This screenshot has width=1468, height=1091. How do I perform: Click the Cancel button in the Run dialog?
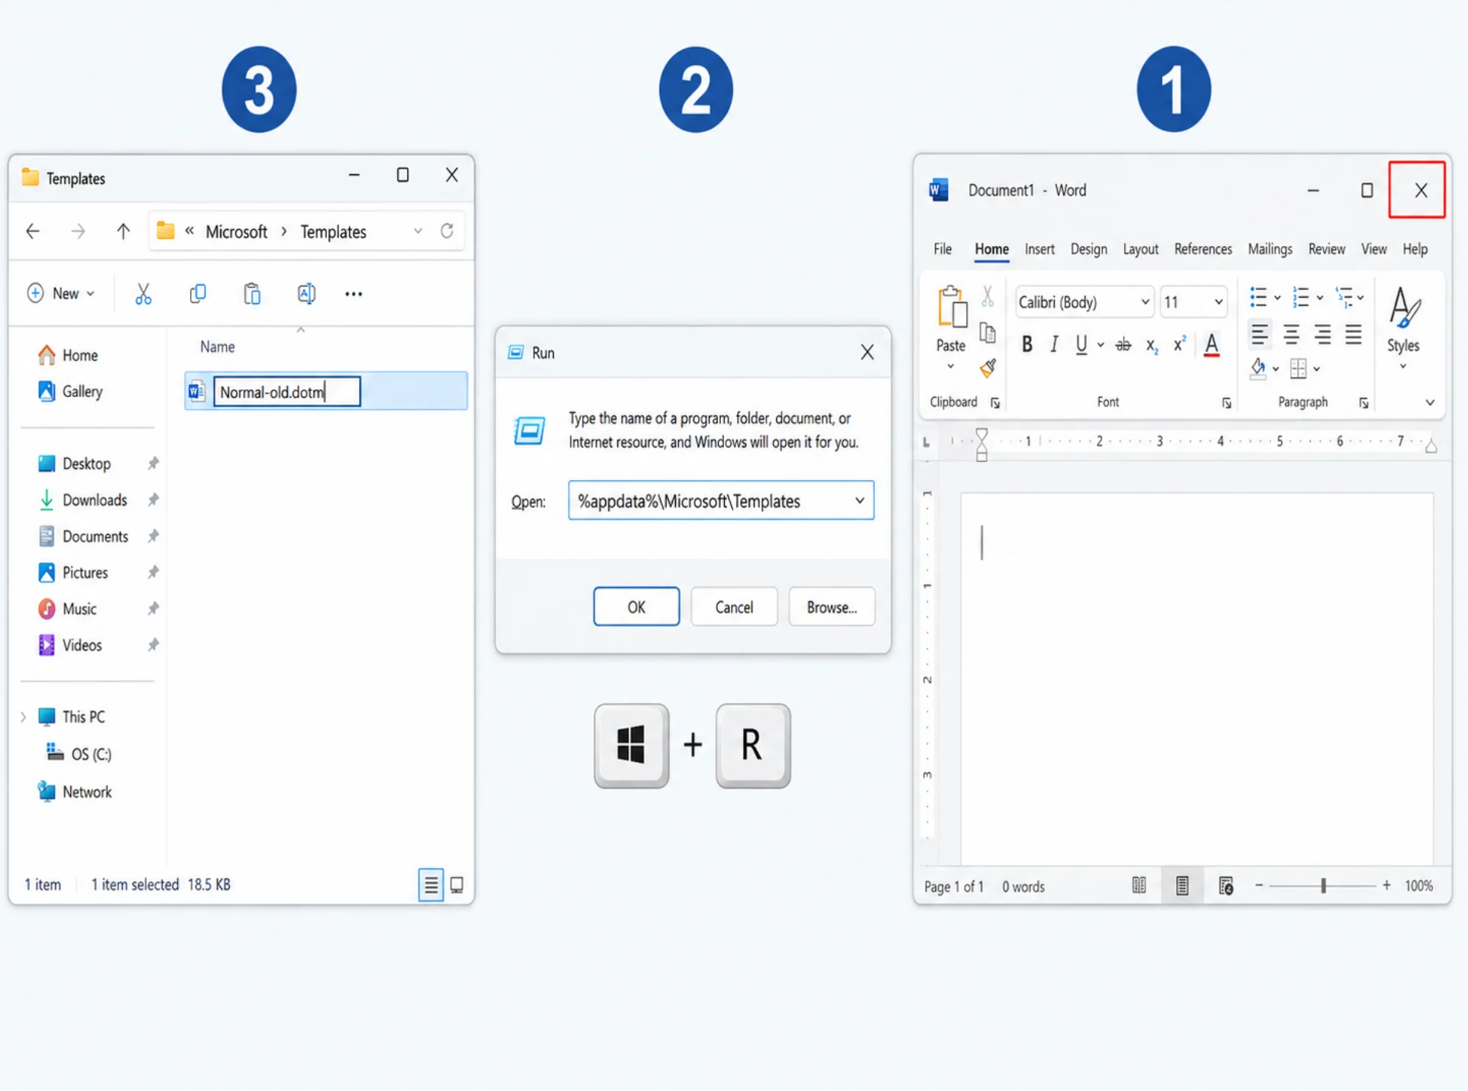tap(734, 607)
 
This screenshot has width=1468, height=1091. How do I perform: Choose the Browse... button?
tap(832, 607)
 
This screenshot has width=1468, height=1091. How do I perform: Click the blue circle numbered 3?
tap(259, 89)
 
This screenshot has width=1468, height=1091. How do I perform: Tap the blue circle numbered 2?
tap(696, 89)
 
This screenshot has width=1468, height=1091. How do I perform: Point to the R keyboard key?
tap(753, 745)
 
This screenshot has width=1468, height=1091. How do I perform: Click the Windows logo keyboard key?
tap(632, 745)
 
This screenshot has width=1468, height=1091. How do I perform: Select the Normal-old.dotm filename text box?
tap(287, 392)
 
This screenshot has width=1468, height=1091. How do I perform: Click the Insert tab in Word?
tap(1039, 249)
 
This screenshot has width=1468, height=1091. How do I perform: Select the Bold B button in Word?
tap(1027, 344)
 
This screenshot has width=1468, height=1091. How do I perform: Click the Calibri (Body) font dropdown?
tap(1084, 302)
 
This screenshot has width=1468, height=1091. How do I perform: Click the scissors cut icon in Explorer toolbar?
tap(143, 294)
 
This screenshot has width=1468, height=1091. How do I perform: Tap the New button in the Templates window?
tap(61, 294)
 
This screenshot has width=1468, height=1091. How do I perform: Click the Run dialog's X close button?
tap(867, 352)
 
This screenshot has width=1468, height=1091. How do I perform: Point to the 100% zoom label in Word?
tap(1419, 886)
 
